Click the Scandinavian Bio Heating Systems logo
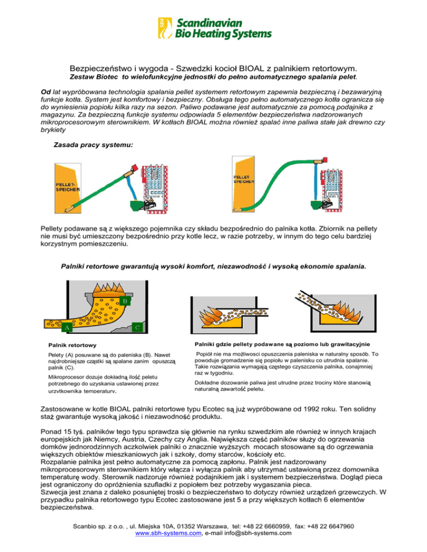point(213,28)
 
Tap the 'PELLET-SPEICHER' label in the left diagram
point(66,185)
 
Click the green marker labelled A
point(66,328)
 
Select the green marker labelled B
point(125,301)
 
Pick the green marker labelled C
point(137,327)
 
